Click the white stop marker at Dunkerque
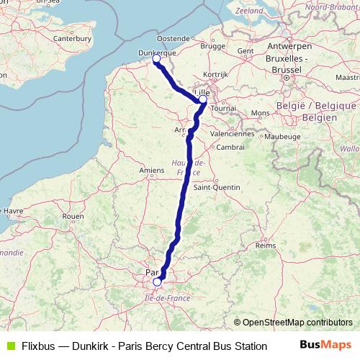click(x=156, y=60)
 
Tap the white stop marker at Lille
click(x=203, y=100)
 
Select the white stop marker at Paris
click(x=157, y=282)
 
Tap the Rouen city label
click(x=73, y=215)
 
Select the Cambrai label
click(x=231, y=147)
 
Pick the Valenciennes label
click(x=233, y=133)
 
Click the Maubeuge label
click(x=282, y=135)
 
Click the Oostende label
click(x=173, y=37)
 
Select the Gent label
click(x=246, y=51)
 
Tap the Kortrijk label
click(x=215, y=74)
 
